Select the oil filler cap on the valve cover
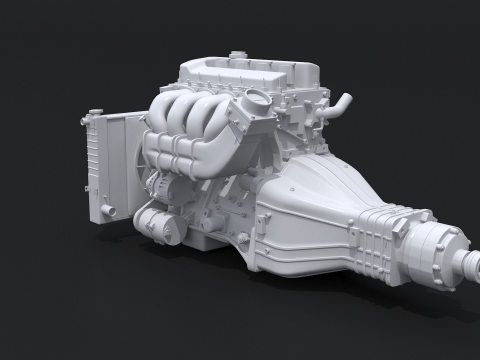click(236, 56)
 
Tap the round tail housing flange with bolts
click(434, 250)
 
